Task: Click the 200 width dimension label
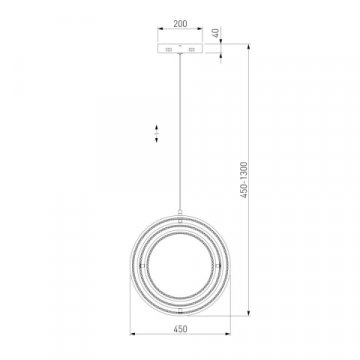coord(180,24)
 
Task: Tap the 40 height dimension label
coord(216,33)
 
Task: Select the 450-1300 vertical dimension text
coord(244,180)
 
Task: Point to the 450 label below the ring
coord(180,329)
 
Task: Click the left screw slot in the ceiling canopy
coord(169,50)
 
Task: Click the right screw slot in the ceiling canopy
coord(191,50)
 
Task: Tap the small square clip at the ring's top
coord(180,220)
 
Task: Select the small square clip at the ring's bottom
coord(180,311)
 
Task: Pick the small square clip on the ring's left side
coord(142,266)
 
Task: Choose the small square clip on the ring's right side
coord(218,266)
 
